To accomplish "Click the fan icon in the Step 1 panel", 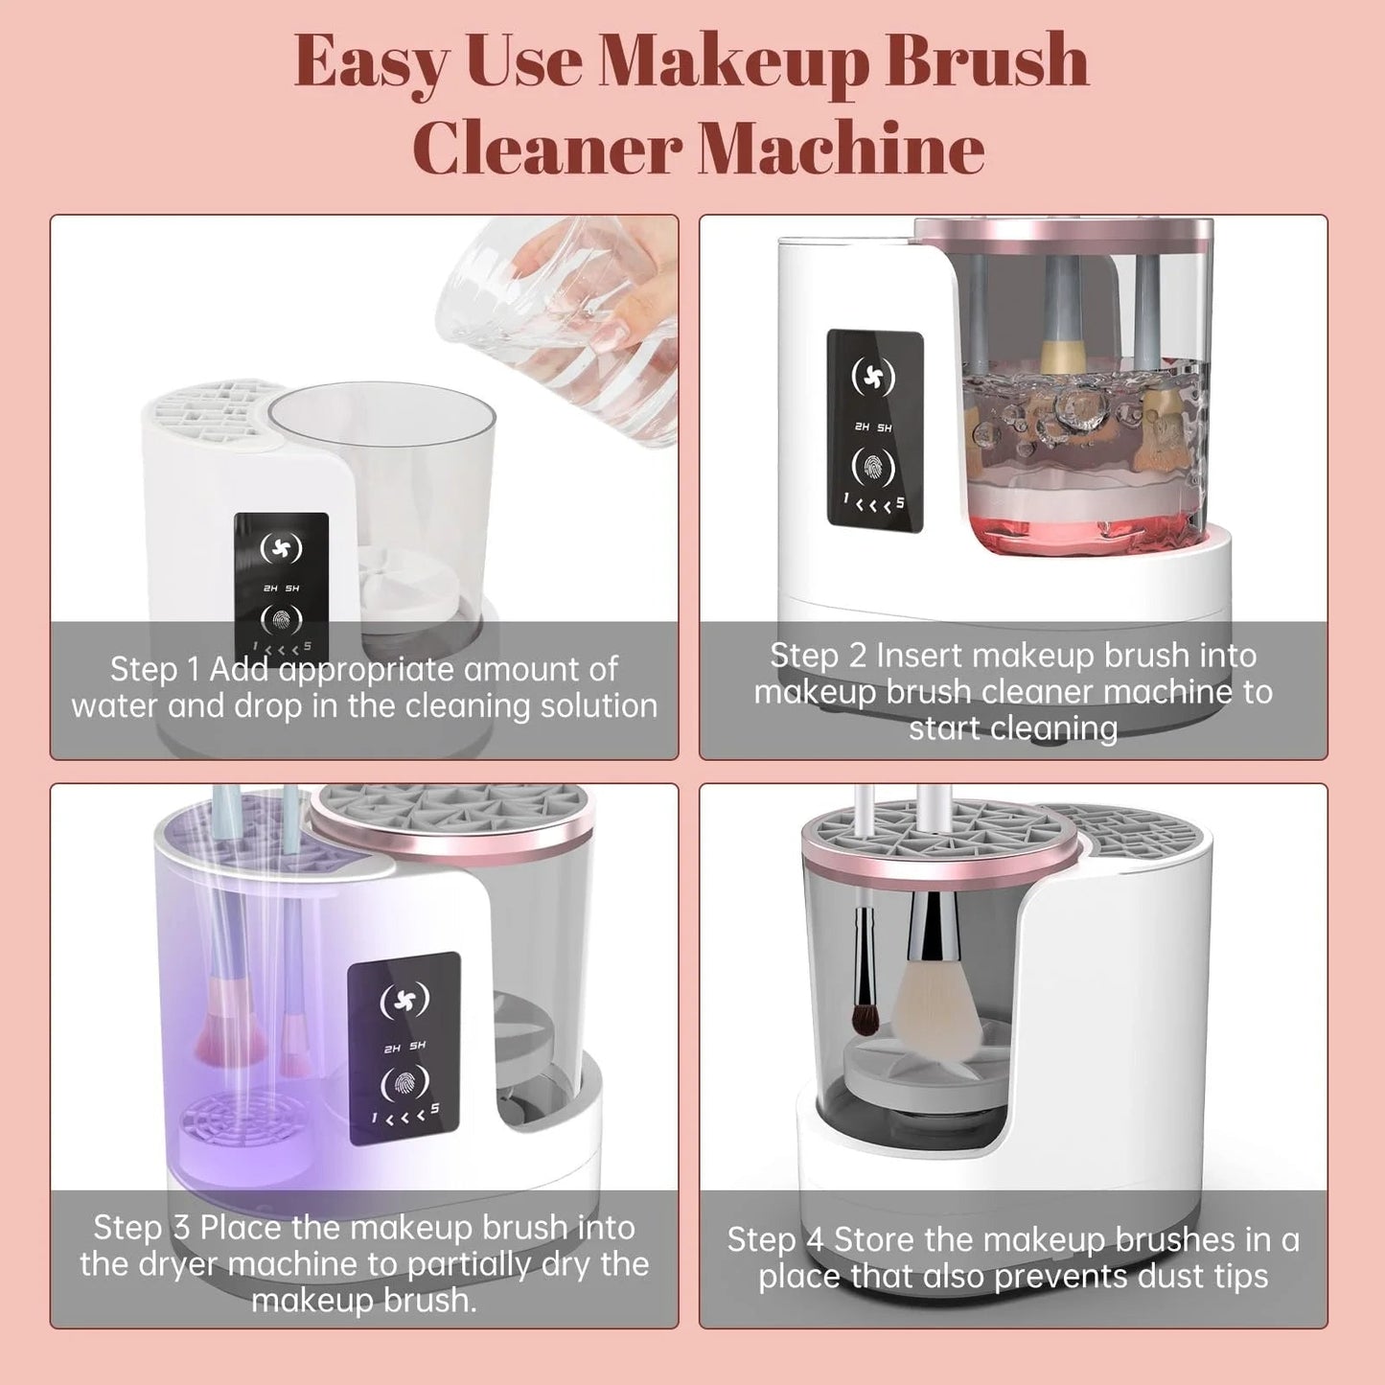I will point(281,548).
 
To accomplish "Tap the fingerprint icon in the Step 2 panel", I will point(873,468).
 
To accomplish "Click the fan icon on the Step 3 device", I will point(404,1001).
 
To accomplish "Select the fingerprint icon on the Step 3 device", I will point(404,1084).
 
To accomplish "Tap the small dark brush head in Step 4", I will point(865,1016).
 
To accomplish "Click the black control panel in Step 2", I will point(874,430).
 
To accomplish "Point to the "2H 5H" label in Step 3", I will point(404,1047).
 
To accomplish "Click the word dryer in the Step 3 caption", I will point(177,1264).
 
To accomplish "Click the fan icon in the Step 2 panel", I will point(873,377).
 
